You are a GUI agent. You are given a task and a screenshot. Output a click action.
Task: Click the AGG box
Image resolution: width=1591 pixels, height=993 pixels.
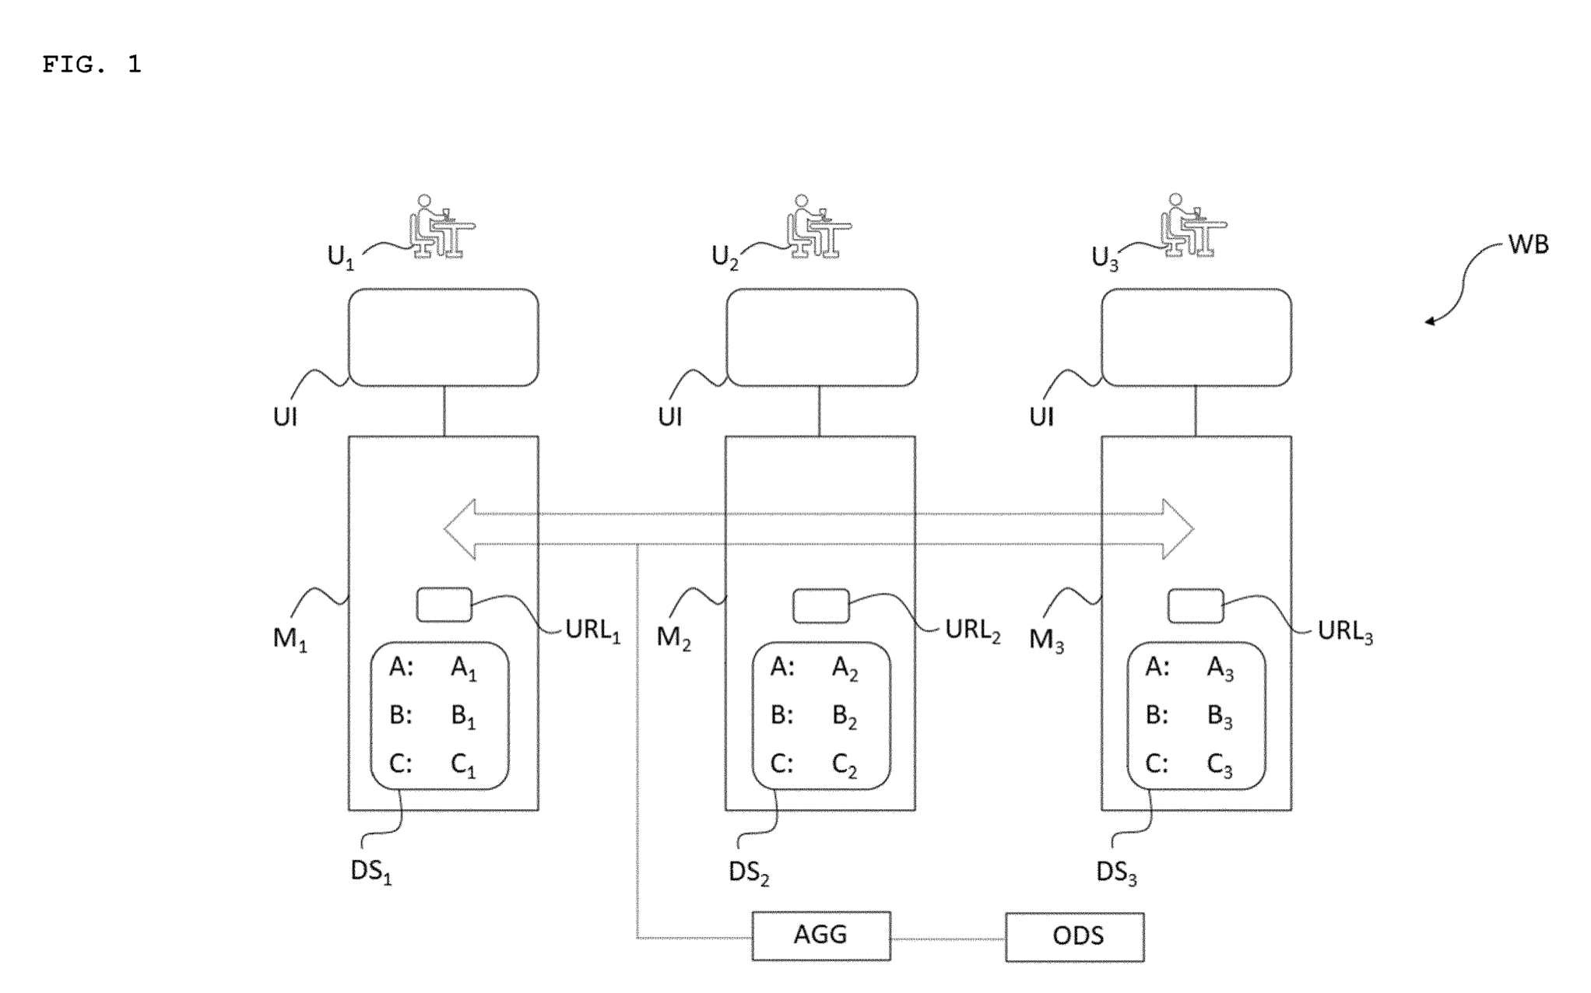tap(820, 935)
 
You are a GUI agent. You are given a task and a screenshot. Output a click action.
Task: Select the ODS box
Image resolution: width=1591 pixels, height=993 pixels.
tap(1074, 936)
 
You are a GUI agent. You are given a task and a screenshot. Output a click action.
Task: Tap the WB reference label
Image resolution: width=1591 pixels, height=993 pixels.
tap(1528, 244)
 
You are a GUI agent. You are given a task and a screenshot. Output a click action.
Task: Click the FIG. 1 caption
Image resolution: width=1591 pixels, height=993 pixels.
tap(92, 65)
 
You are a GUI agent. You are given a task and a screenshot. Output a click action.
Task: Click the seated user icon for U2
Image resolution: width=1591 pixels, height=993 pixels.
tap(817, 226)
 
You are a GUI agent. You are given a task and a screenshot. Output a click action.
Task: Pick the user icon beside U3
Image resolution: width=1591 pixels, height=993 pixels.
tap(1192, 226)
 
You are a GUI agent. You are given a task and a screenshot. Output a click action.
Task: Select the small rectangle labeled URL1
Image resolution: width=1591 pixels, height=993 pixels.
tap(444, 605)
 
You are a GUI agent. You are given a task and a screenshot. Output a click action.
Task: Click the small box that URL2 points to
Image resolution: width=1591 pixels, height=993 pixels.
tap(820, 605)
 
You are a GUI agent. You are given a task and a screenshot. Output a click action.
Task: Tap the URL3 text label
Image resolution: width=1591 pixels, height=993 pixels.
tap(1345, 632)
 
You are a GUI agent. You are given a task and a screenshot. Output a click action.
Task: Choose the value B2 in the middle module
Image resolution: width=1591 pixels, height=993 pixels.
tap(845, 717)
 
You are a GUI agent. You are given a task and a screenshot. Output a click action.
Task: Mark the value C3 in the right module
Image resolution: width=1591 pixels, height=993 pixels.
tap(1220, 766)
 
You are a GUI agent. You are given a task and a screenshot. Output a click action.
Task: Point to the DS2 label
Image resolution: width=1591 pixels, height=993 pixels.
tap(749, 873)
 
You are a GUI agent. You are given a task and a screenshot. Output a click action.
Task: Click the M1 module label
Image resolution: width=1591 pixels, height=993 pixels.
tap(290, 639)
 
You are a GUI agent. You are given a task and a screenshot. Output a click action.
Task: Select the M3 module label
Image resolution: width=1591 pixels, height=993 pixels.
tap(1046, 640)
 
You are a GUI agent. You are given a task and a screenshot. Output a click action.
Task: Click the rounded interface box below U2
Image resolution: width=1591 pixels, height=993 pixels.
tap(821, 337)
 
